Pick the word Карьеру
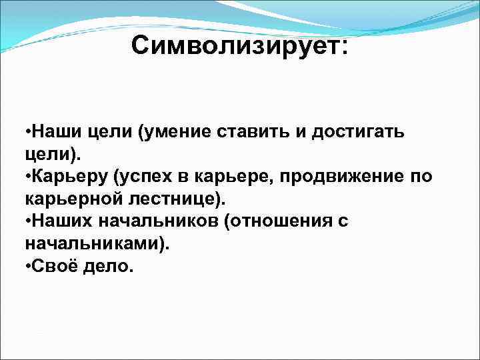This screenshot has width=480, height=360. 69,177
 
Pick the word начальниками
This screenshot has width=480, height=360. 91,244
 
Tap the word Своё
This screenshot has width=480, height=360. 51,267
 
